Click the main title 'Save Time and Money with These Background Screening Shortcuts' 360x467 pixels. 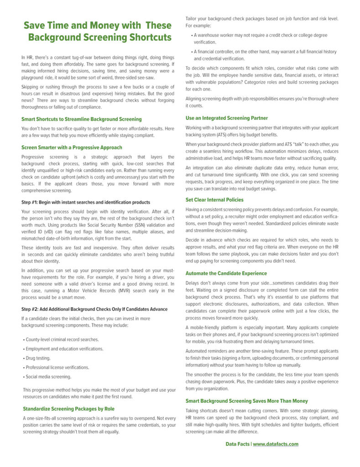(98, 31)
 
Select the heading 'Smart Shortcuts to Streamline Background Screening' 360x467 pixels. (81, 119)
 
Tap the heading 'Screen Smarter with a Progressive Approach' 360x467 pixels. (72, 148)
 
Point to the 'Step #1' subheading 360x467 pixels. (86, 202)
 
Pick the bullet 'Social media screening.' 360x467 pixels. (48, 377)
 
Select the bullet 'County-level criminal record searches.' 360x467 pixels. (62, 340)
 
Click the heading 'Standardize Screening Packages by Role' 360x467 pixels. (68, 409)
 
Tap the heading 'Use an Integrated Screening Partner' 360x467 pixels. (226, 118)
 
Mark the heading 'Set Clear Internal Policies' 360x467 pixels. (214, 200)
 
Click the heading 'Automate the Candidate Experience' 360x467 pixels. (226, 273)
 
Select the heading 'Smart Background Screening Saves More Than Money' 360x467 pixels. (246, 401)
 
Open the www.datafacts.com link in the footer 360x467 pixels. (276, 444)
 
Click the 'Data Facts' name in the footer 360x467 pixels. (237, 444)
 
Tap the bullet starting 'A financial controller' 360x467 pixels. (265, 55)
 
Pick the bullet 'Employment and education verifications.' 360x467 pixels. (64, 349)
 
